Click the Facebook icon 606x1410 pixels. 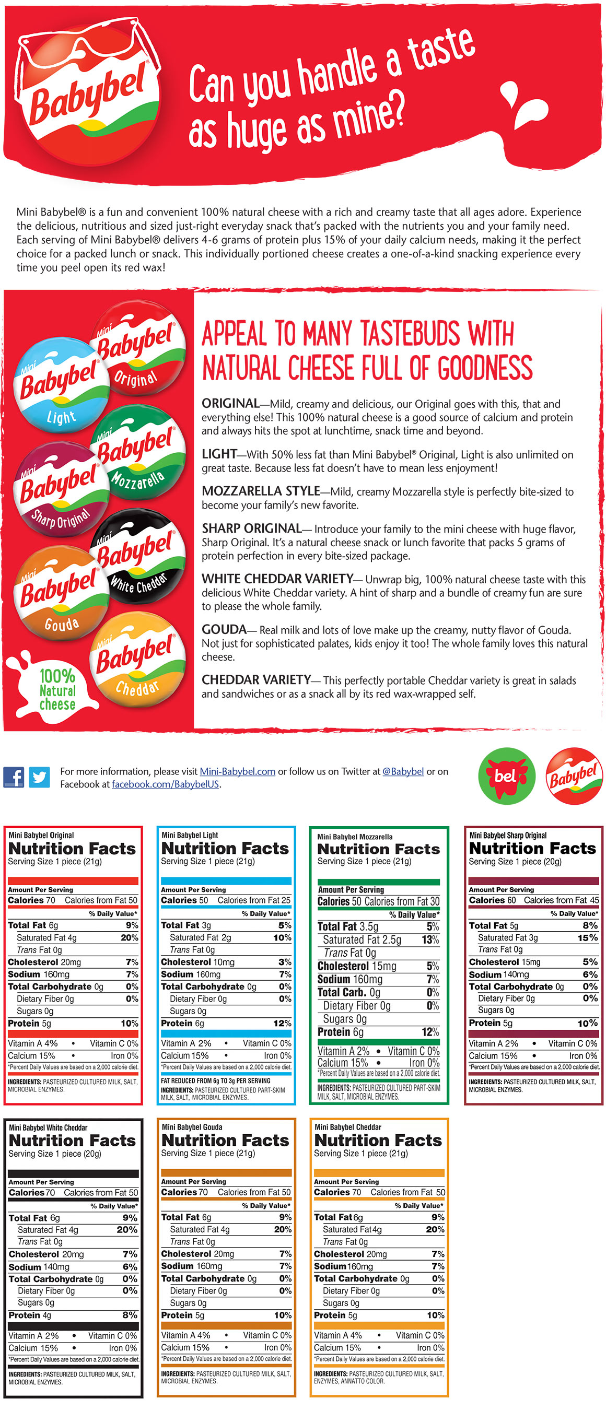pyautogui.click(x=14, y=777)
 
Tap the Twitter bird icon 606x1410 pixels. pyautogui.click(x=39, y=777)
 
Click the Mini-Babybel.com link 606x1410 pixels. pyautogui.click(x=237, y=771)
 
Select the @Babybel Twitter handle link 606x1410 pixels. pyautogui.click(x=403, y=771)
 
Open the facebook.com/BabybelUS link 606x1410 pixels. pyautogui.click(x=165, y=784)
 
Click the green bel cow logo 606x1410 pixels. pyautogui.click(x=506, y=775)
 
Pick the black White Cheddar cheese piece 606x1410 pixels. pyautogui.click(x=139, y=556)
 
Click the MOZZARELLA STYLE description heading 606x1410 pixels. pyautogui.click(x=261, y=491)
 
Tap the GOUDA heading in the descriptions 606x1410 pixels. pyautogui.click(x=224, y=629)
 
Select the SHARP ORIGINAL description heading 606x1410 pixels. pyautogui.click(x=251, y=528)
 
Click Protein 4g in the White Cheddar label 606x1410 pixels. pyautogui.click(x=30, y=1315)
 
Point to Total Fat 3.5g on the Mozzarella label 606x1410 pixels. pyautogui.click(x=347, y=926)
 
